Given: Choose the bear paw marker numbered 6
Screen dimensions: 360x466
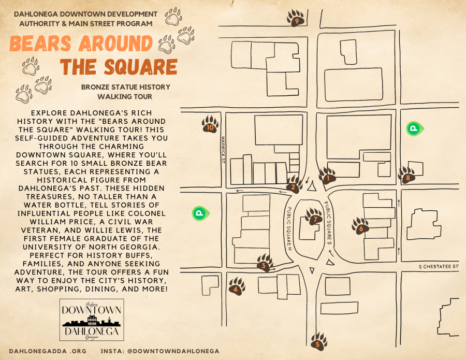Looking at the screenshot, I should (x=360, y=226).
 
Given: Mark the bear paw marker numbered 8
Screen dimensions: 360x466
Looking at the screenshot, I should (x=407, y=177).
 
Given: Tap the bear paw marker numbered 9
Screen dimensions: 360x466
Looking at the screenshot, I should (x=296, y=19).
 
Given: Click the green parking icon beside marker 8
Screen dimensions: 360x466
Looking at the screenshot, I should (x=414, y=128).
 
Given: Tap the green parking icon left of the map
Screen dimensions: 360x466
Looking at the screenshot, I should (x=198, y=212).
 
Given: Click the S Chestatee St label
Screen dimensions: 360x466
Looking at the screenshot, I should (x=439, y=267).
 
